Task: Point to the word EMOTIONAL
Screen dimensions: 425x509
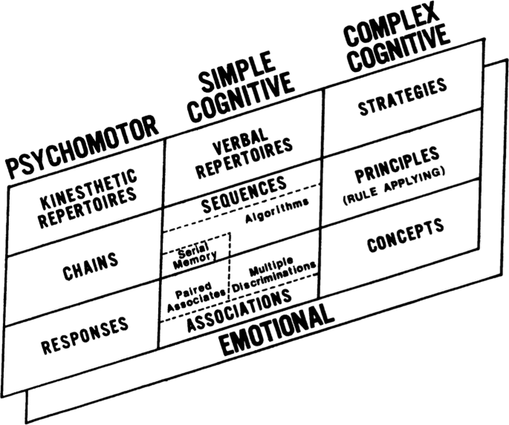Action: pyautogui.click(x=276, y=329)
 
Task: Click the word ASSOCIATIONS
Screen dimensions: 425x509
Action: pyautogui.click(x=238, y=311)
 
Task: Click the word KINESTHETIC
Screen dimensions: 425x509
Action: pyautogui.click(x=88, y=182)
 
